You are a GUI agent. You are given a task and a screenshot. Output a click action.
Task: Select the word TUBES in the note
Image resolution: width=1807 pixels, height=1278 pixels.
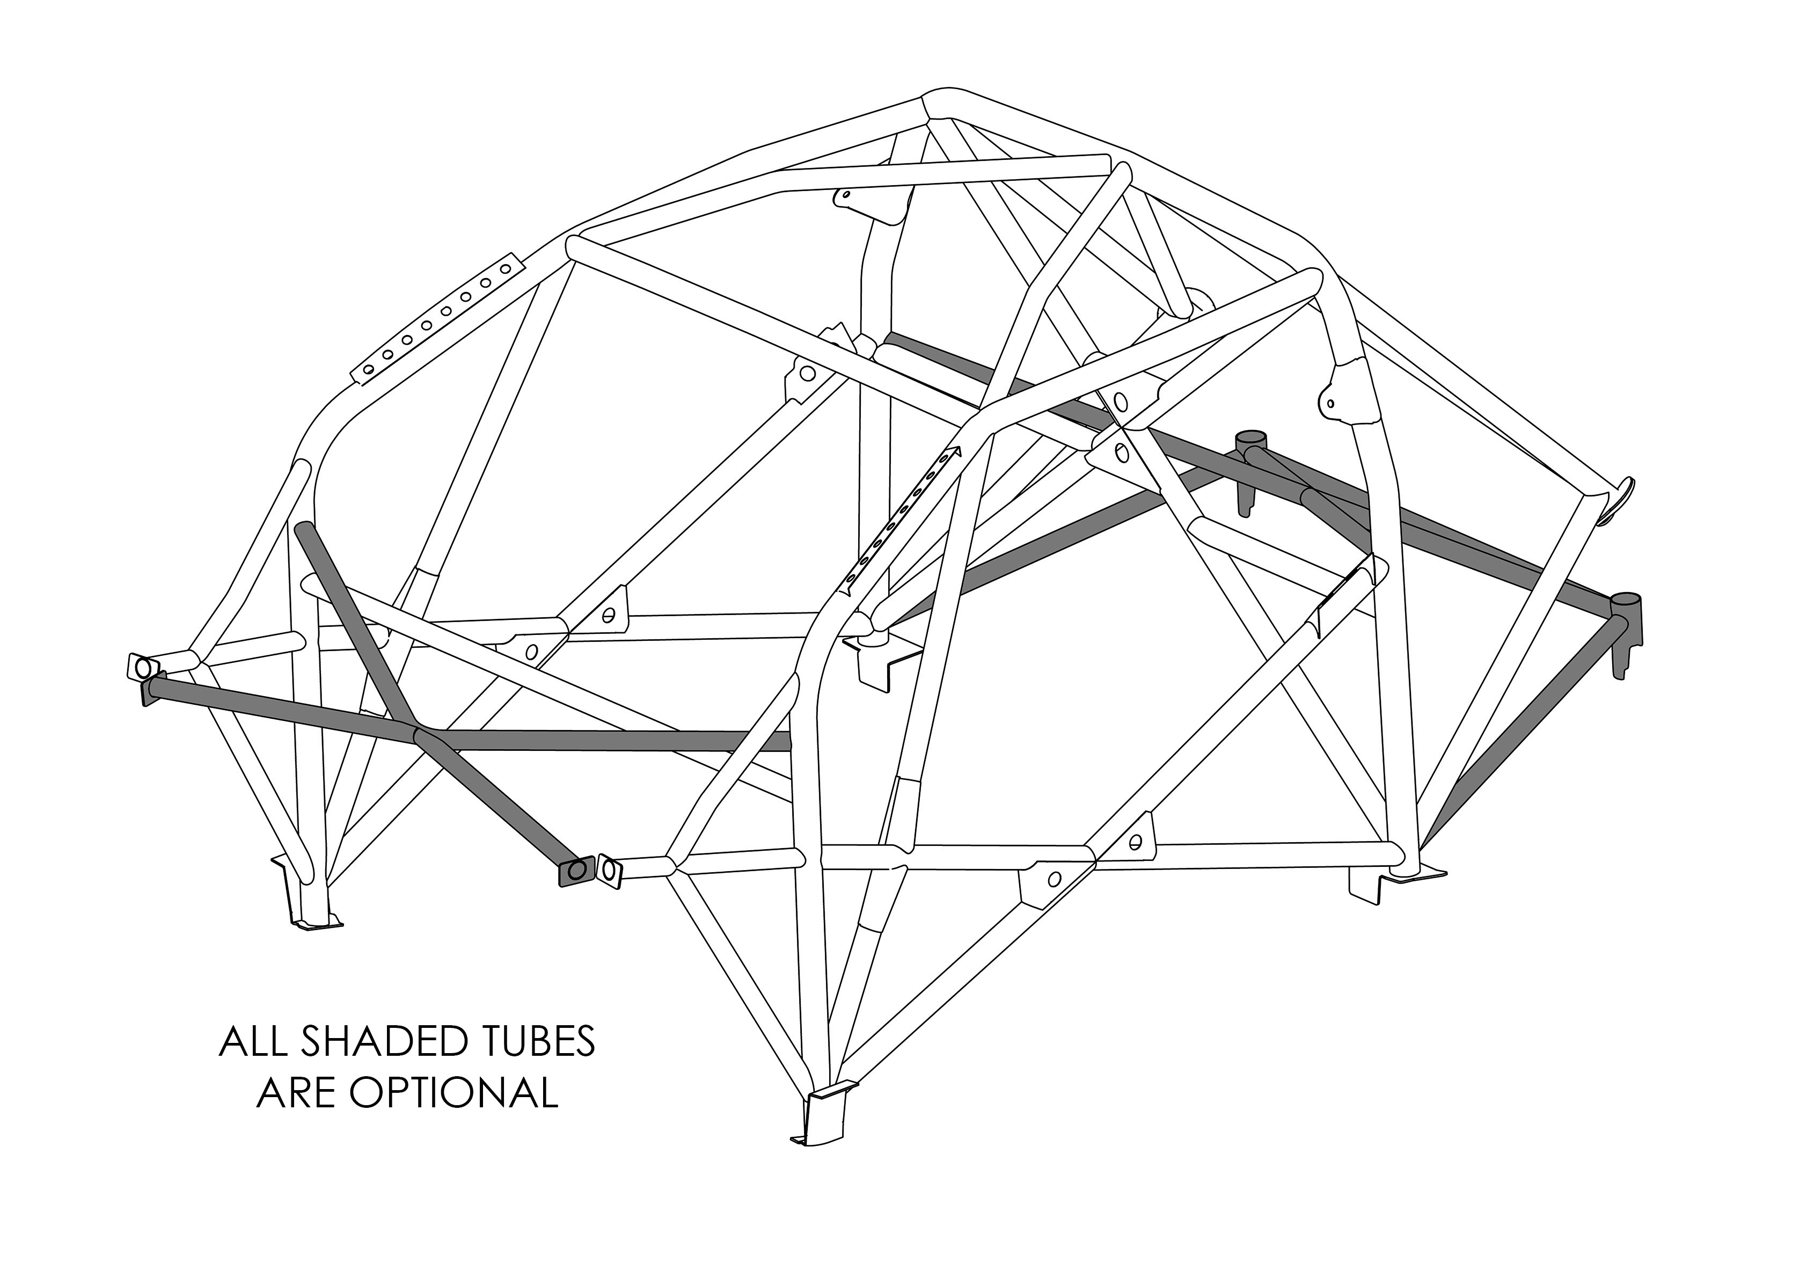tap(539, 1041)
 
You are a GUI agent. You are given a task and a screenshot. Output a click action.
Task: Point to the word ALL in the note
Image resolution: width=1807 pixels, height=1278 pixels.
tap(254, 1041)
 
